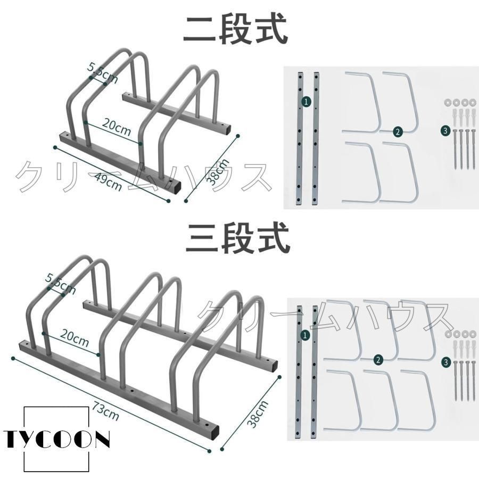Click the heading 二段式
click(236, 30)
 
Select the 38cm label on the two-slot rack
click(218, 172)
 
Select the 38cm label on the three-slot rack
click(258, 414)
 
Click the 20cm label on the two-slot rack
click(117, 127)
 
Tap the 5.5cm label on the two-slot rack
click(103, 73)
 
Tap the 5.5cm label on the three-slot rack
click(61, 284)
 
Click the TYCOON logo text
click(56, 439)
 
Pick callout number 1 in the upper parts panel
click(306, 102)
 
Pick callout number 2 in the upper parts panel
click(398, 132)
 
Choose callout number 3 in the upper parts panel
click(445, 131)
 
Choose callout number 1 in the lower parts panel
click(305, 335)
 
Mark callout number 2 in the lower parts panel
click(378, 360)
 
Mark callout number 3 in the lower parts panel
click(447, 362)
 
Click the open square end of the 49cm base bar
click(176, 187)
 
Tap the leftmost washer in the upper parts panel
click(447, 102)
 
